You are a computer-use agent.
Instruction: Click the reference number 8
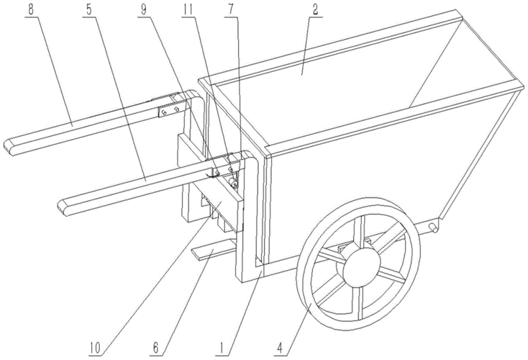[x=31, y=9]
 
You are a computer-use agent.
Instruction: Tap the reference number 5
[x=88, y=9]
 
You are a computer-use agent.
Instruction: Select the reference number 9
[x=144, y=9]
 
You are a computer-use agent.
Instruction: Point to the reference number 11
[x=188, y=9]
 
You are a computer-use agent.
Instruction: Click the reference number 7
[x=231, y=9]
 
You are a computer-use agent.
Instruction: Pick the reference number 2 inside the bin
[x=315, y=9]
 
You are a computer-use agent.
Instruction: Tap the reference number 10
[x=95, y=348]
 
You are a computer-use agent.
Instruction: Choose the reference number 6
[x=155, y=348]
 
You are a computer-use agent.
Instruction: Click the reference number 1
[x=222, y=348]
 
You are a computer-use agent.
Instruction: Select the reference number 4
[x=281, y=348]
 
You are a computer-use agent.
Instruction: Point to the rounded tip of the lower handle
[x=64, y=208]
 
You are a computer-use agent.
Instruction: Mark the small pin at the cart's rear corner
[x=433, y=228]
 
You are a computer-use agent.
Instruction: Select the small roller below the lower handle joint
[x=232, y=183]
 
